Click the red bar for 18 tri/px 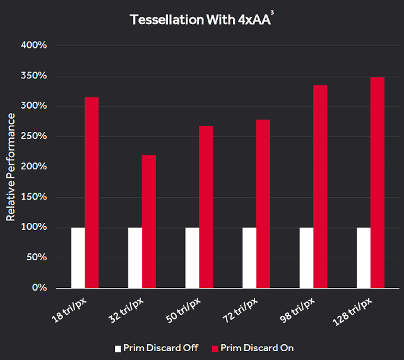(92, 193)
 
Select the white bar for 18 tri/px (78, 258)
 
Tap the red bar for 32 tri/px (148, 221)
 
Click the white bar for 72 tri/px (249, 258)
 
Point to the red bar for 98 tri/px (320, 186)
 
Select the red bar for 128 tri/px (377, 183)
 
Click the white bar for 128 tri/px (364, 258)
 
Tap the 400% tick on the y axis (34, 45)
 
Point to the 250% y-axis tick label (34, 136)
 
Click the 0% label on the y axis (39, 288)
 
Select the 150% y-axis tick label (34, 197)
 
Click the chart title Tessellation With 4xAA (201, 20)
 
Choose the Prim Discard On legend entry (252, 348)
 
